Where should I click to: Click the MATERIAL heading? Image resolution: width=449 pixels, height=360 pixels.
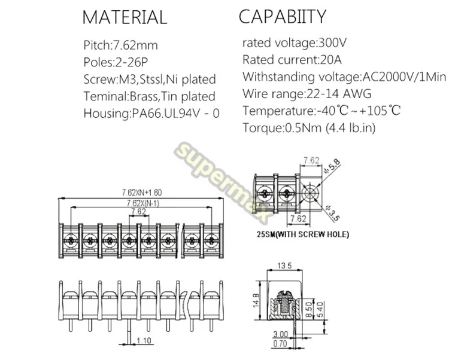125,17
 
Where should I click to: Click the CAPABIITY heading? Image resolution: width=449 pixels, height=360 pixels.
283,16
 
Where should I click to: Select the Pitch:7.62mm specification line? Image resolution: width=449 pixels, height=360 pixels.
120,45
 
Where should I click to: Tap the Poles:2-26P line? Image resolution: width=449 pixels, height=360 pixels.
116,62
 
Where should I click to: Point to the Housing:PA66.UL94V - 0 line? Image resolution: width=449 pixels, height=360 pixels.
151,114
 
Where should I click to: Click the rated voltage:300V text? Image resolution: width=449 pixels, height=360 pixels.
295,43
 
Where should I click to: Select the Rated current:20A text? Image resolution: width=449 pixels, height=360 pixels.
292,60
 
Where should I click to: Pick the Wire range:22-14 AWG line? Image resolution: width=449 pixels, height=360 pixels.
307,94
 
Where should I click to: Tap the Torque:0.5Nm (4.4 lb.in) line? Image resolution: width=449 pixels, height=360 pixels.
309,127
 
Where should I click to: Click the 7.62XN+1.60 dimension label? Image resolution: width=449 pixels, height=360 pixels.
142,193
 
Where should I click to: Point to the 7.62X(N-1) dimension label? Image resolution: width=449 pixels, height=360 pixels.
143,203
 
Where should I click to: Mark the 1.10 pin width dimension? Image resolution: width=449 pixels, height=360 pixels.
144,340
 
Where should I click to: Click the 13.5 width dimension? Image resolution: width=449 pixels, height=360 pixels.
284,266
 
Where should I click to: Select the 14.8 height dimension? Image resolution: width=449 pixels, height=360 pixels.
256,300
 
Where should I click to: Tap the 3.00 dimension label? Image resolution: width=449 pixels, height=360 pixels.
280,334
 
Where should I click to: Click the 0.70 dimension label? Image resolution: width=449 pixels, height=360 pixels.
280,343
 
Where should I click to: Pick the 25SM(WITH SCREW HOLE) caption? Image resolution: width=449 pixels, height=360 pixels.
303,234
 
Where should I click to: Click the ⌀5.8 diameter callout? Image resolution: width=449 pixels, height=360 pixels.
332,166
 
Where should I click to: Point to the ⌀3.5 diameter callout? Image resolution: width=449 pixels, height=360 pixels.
332,213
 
